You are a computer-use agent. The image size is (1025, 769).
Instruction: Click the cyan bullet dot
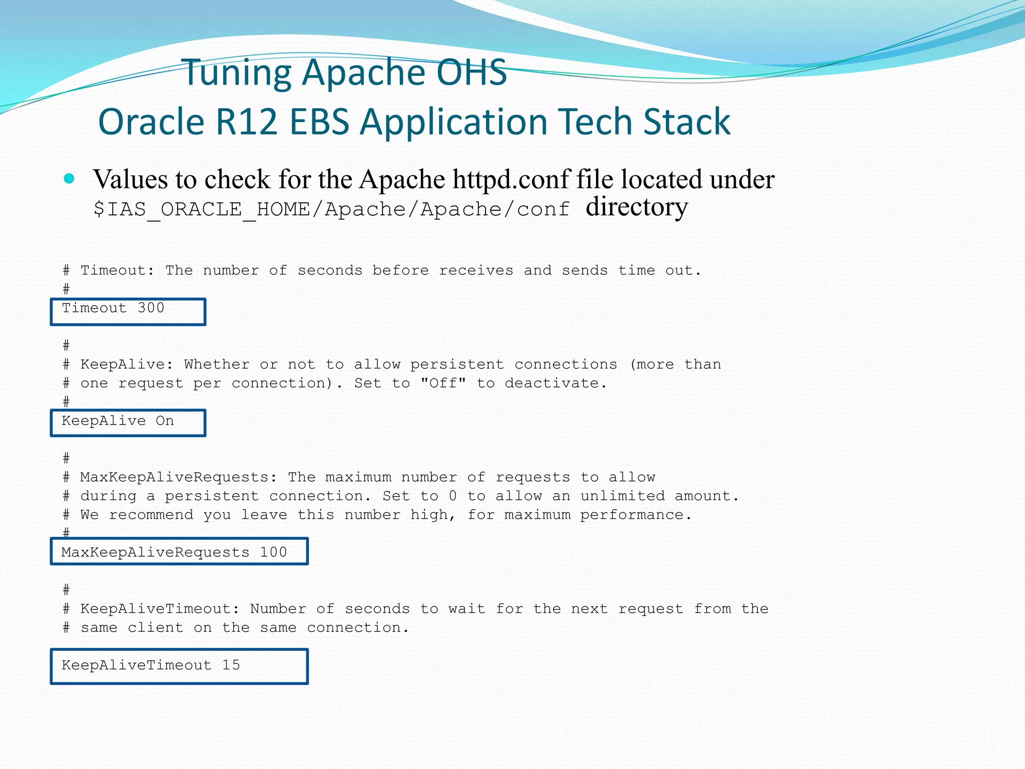pos(70,179)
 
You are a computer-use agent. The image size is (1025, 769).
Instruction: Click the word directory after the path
pos(637,207)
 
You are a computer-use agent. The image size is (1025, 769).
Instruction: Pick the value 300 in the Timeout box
pos(151,308)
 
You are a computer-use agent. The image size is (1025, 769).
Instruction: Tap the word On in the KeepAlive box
pos(165,421)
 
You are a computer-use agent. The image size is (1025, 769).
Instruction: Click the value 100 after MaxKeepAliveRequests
pos(273,552)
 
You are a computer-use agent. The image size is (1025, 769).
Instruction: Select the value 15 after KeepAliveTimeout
pos(231,665)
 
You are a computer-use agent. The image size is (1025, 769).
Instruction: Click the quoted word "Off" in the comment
pos(443,383)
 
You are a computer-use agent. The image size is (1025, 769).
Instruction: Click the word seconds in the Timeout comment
pos(330,270)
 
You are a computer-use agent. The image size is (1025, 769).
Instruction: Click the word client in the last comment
pos(155,627)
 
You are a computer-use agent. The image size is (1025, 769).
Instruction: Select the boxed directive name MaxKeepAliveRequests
pos(155,552)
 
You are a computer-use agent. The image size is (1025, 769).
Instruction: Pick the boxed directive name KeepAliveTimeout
pos(137,665)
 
